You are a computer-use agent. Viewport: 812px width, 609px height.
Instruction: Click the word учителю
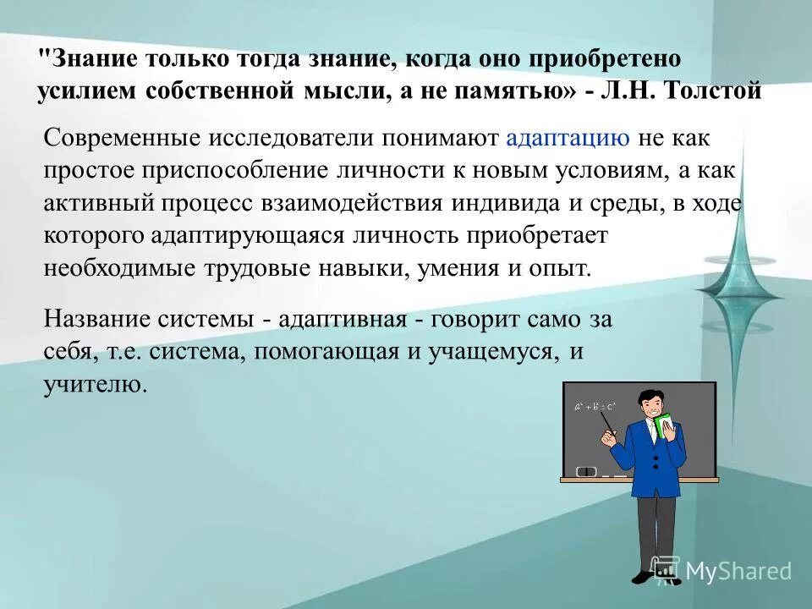(x=95, y=385)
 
